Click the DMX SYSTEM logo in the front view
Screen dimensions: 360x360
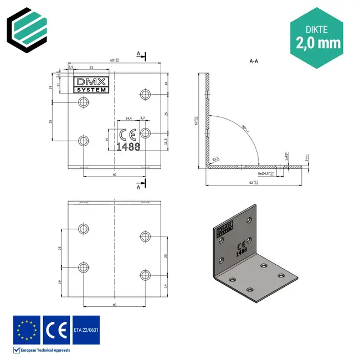(92, 85)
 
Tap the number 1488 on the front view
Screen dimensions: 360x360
(128, 147)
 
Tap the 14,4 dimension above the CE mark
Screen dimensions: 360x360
(128, 118)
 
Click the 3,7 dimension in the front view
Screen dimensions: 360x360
(142, 118)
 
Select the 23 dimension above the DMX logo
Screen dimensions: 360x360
(90, 67)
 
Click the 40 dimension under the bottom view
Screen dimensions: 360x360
(114, 305)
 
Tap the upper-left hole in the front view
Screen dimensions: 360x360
(84, 102)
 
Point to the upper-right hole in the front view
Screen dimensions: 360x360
(146, 94)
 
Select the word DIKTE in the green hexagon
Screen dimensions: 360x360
(317, 26)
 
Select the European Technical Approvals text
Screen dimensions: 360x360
(45, 350)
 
